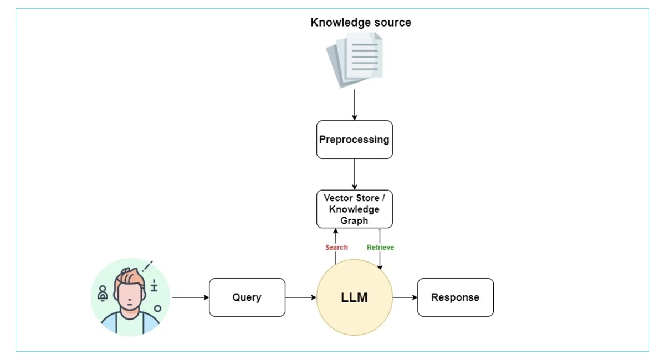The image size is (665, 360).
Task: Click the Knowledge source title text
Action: pos(361,23)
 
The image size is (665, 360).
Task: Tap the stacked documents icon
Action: pos(355,59)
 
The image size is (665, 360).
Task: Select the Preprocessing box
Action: pos(355,140)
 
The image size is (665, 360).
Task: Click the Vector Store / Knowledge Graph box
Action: pos(355,209)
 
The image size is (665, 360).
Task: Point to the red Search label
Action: pos(336,247)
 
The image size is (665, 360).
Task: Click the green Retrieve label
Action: pos(380,247)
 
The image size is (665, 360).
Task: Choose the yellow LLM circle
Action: pos(355,297)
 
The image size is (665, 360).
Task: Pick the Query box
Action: pos(247,297)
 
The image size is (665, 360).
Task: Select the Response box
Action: pos(455,297)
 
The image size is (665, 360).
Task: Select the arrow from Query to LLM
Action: pos(301,297)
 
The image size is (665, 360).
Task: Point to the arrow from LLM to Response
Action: pos(405,297)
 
